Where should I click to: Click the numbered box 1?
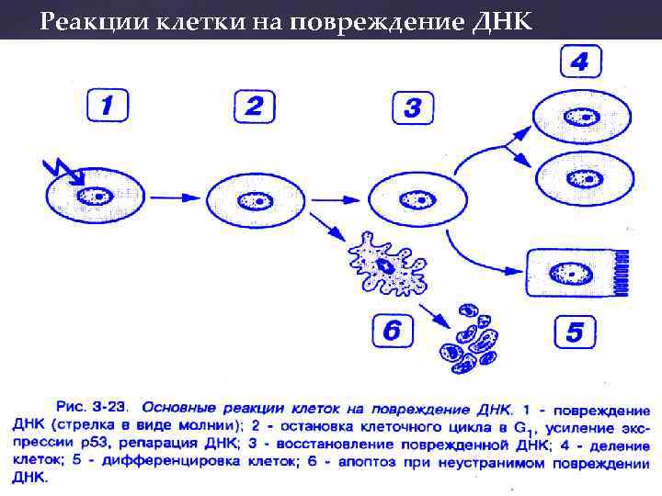pos(108,106)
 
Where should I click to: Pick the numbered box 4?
pos(581,62)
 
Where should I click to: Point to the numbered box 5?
pos(574,332)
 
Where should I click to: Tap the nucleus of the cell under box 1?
pos(95,197)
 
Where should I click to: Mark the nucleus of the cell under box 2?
pos(255,199)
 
